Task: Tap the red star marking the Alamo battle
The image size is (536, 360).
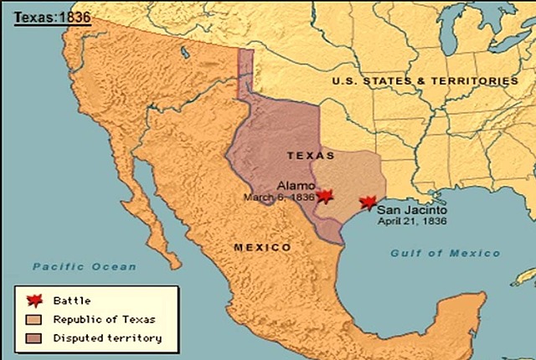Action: point(324,195)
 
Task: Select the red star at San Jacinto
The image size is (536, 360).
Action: point(366,203)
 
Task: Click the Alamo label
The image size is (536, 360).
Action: point(293,185)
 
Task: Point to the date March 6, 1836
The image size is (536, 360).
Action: point(279,198)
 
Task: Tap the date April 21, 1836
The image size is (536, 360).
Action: point(411,223)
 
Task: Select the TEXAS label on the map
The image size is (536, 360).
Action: point(311,156)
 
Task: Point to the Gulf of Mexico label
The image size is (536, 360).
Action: point(445,253)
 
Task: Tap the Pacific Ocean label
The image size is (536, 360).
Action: point(84,266)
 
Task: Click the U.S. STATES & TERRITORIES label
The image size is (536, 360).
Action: point(425,81)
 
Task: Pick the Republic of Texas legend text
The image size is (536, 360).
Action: point(104,319)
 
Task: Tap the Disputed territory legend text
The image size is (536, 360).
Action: point(106,337)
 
